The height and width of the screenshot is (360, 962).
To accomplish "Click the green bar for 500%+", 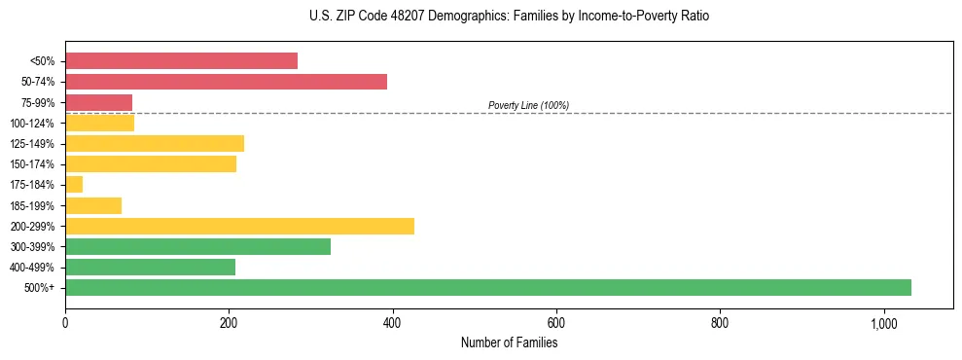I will click(487, 287).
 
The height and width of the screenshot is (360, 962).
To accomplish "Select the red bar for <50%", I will click(181, 60).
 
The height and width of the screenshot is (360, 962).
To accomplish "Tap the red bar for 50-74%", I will click(226, 82).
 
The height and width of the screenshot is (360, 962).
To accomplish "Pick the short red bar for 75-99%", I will click(98, 102).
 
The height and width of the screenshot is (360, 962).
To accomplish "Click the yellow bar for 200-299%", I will click(239, 226).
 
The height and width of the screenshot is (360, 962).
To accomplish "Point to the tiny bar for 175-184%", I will click(74, 184).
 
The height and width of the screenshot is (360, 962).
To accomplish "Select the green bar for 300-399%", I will click(197, 246).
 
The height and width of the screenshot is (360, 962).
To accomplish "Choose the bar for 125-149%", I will click(155, 143).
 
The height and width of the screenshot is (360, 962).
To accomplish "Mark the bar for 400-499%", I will click(150, 267).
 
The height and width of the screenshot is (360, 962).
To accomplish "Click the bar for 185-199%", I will click(93, 205).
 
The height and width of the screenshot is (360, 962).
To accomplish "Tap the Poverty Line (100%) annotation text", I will click(528, 105).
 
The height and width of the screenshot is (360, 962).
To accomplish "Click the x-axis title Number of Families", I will click(509, 342).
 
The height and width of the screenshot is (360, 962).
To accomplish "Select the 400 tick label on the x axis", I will click(393, 323).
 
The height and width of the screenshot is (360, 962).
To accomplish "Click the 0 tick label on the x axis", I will click(65, 323).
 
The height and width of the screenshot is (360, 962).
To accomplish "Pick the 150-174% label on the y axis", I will click(32, 163).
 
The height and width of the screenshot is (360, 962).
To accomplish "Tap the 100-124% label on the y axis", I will click(32, 123).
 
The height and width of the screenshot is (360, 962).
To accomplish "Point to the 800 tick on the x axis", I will click(720, 323).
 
